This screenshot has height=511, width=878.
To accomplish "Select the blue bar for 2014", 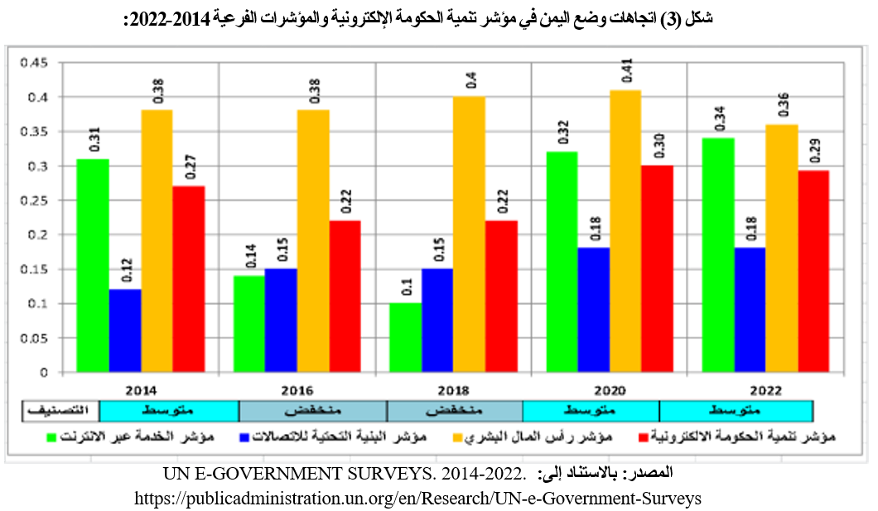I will (x=125, y=330).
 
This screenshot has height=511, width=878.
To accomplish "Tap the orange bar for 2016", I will (x=313, y=240).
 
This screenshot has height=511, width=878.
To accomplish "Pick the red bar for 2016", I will (x=345, y=296).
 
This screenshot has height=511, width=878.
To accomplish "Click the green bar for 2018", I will (x=405, y=337).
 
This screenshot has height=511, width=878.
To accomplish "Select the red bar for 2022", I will (x=813, y=271).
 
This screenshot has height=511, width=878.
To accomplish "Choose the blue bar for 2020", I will (x=594, y=310).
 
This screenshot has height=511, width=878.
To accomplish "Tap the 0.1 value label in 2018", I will (x=406, y=287).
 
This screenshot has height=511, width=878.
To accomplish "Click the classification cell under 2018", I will (x=455, y=411).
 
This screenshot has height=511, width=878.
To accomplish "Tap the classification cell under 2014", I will (x=169, y=411).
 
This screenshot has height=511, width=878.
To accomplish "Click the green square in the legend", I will (x=51, y=436).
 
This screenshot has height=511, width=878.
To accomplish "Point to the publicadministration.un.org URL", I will (x=417, y=499).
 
